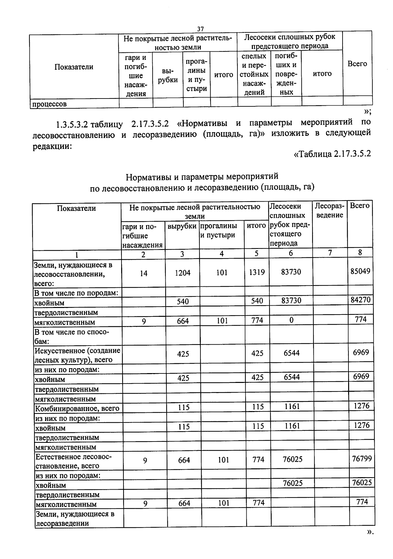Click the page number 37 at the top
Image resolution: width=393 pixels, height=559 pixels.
[200, 29]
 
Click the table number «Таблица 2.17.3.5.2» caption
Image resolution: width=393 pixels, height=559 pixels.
[333, 153]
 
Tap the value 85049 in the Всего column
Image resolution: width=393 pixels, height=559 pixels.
[360, 271]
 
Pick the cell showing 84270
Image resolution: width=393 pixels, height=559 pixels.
[360, 300]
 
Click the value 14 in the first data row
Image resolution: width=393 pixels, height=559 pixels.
[143, 273]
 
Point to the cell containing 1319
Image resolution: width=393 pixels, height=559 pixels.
[257, 272]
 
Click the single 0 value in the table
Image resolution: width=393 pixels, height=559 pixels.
[291, 320]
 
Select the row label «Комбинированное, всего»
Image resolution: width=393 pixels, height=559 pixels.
[77, 408]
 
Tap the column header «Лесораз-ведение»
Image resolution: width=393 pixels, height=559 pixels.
[329, 210]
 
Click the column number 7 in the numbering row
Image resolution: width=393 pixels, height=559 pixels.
[330, 253]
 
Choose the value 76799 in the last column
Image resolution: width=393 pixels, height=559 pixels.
[362, 459]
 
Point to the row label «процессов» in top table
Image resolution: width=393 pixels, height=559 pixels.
[49, 104]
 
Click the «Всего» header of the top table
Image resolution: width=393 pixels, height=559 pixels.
[357, 64]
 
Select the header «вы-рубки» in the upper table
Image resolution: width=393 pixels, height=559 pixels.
[168, 76]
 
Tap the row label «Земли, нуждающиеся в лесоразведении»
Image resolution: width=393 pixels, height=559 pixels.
[75, 518]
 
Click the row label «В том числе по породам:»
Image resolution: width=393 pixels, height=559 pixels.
[76, 293]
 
